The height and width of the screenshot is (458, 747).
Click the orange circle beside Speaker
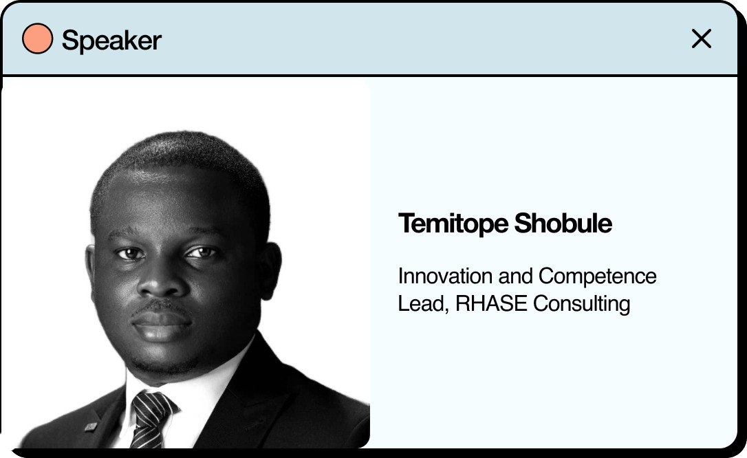coord(38,39)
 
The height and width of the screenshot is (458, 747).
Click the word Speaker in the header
coord(111,41)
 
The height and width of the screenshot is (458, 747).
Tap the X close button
coord(702,39)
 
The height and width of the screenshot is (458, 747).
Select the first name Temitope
coord(453,223)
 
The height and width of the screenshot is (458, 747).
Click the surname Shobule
coord(563,223)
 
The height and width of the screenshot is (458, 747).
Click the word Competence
coord(598,277)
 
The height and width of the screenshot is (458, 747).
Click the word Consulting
coord(582,305)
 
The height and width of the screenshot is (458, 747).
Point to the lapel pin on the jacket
coord(91,426)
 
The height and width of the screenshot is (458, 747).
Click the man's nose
coord(161,281)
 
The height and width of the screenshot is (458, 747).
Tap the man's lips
coord(161,324)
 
